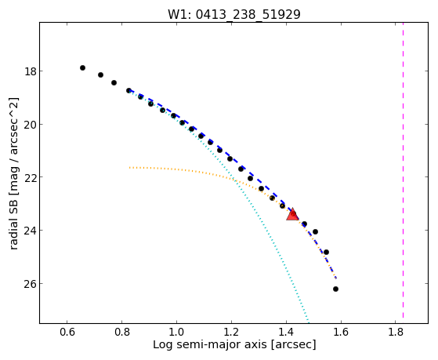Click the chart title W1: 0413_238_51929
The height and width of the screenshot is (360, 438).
[234, 13]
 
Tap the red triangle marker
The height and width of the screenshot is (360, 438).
[292, 215]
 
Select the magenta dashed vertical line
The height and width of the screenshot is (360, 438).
[403, 170]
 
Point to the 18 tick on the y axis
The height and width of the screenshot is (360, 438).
[31, 71]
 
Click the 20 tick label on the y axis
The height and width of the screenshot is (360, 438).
[31, 125]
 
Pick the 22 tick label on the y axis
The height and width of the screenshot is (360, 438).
[31, 177]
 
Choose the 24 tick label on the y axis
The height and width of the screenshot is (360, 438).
[31, 231]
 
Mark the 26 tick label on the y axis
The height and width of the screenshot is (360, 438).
[31, 284]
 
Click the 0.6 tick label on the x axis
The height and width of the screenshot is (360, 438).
[67, 332]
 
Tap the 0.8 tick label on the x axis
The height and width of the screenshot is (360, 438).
[121, 332]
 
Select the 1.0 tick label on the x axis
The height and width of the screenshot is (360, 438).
[176, 332]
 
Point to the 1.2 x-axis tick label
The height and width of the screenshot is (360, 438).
[231, 332]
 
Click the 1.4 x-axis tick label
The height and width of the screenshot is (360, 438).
[286, 332]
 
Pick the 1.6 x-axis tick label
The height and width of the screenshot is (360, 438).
[341, 332]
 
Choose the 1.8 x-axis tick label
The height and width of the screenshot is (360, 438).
[396, 332]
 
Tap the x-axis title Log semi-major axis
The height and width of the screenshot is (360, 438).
[210, 345]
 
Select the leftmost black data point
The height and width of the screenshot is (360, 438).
[82, 67]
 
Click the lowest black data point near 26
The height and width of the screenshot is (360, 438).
[335, 289]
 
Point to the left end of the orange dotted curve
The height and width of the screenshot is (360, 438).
[129, 168]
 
